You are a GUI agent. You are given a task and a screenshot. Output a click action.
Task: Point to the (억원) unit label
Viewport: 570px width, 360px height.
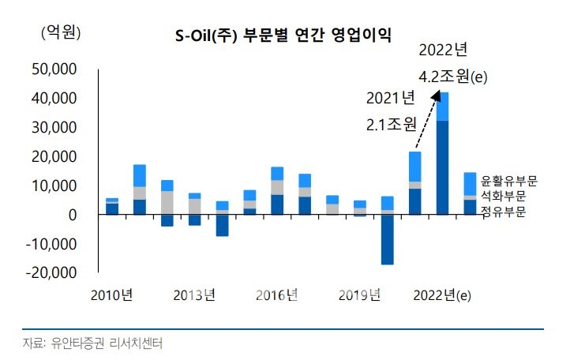point(59,32)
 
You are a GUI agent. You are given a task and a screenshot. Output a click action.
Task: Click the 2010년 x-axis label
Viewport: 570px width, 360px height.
point(111,296)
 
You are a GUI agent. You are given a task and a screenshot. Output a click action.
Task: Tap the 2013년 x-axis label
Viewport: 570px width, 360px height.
point(194,296)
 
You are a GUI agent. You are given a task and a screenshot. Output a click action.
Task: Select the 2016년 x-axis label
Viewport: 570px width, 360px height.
point(277,296)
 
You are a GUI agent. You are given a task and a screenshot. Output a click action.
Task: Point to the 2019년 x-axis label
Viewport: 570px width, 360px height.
point(360,296)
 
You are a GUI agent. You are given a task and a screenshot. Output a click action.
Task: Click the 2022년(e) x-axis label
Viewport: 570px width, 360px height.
point(442,296)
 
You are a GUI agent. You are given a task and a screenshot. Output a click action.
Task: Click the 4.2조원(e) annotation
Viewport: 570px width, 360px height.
point(453,77)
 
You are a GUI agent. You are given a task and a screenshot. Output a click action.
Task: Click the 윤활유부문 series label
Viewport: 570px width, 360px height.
point(508,182)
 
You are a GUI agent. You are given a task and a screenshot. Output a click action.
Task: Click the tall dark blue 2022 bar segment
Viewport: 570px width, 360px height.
point(442,167)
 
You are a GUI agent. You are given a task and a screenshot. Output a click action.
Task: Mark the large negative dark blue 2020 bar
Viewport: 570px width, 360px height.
point(387,239)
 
